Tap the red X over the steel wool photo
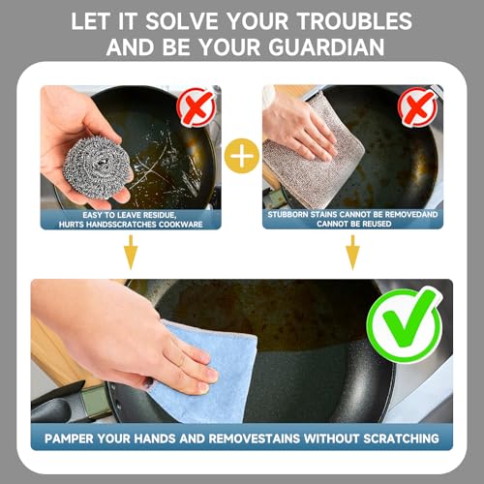(197, 106)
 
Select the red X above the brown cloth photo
(417, 106)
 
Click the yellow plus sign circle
(242, 156)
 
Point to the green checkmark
(406, 324)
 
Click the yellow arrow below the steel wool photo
(131, 252)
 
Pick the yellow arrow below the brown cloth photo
(352, 253)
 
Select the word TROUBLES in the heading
(354, 21)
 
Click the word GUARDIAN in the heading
(326, 47)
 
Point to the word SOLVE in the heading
(182, 21)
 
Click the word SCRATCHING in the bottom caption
(401, 439)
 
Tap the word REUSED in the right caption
(376, 224)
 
